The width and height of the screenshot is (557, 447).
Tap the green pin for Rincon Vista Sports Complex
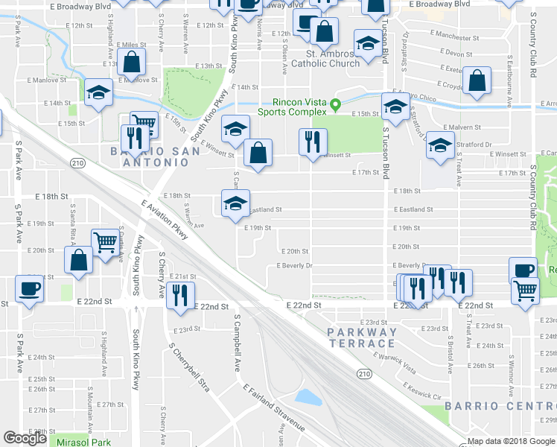pyautogui.click(x=335, y=104)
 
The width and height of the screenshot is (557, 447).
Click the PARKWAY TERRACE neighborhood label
pyautogui.click(x=360, y=337)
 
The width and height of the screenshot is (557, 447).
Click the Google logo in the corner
pyautogui.click(x=25, y=438)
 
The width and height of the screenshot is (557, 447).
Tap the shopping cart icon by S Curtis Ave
pyautogui.click(x=105, y=241)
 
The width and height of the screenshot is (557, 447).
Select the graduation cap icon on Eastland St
pyautogui.click(x=235, y=203)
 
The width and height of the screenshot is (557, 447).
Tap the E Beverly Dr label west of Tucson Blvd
pyautogui.click(x=293, y=265)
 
